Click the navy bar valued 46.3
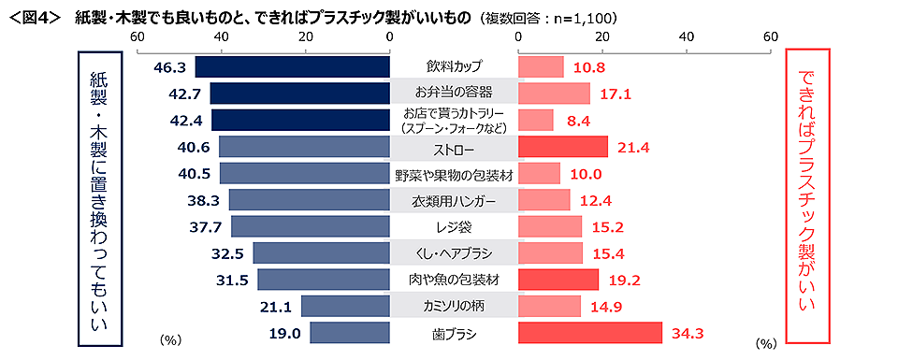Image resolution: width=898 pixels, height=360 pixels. [292, 66]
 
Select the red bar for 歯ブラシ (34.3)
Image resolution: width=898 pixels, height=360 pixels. [590, 333]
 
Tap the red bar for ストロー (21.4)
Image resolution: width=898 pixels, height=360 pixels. [563, 147]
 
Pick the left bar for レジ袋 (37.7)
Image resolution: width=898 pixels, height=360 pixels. [311, 226]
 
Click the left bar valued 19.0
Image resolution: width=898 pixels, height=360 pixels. [350, 333]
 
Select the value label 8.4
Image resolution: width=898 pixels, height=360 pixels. [577, 120]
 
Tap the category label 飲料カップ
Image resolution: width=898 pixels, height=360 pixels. [454, 66]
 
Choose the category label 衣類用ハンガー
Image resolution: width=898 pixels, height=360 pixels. [454, 200]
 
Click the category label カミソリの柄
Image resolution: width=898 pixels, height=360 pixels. [454, 306]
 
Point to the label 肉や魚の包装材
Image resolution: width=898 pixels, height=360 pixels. [454, 280]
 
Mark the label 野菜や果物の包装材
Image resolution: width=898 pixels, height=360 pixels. [454, 173]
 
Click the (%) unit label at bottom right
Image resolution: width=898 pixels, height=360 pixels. [765, 343]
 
